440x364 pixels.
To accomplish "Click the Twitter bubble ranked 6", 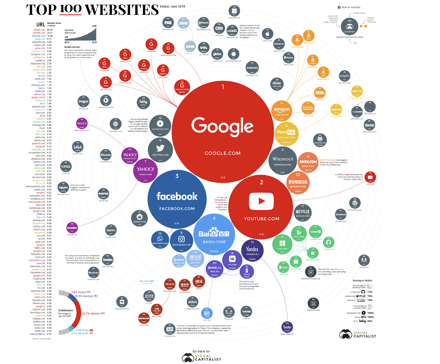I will click(x=160, y=150).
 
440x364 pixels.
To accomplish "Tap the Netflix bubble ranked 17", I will click(x=302, y=212).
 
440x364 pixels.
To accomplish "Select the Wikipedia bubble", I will click(x=283, y=161).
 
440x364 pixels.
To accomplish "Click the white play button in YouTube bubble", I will click(x=261, y=201).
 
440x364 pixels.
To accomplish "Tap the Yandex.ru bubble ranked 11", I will click(x=252, y=250).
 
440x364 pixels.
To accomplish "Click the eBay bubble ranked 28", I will click(x=277, y=84).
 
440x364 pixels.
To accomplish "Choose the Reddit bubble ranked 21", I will click(x=140, y=218).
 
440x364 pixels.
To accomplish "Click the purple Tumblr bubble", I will click(x=72, y=228).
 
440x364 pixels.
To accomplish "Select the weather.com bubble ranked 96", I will click(x=234, y=11).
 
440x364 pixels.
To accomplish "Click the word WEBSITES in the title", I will click(x=122, y=10).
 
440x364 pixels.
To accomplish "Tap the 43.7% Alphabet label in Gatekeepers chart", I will click(x=92, y=313).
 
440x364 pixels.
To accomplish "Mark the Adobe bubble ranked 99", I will click(x=364, y=260).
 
